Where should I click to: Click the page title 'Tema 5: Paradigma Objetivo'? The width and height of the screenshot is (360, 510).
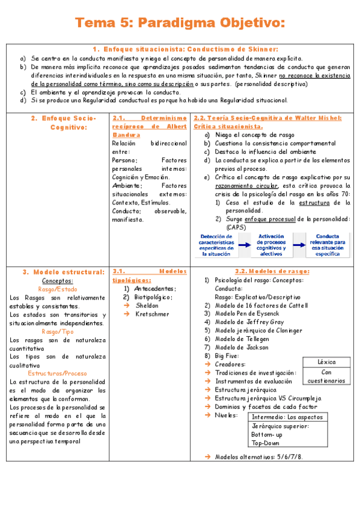(x=180, y=23)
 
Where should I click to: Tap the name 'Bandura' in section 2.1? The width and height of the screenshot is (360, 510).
(x=125, y=135)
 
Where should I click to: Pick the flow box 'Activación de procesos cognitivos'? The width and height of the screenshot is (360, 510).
(x=271, y=245)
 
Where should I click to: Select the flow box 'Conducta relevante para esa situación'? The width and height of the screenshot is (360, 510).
(x=328, y=245)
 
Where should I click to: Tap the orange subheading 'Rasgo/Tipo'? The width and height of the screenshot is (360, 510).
(x=58, y=331)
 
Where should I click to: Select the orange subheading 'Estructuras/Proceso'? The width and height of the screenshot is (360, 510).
(x=58, y=373)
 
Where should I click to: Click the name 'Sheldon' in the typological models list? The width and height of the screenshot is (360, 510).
(x=147, y=306)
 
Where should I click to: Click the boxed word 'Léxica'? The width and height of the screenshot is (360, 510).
(x=326, y=362)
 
